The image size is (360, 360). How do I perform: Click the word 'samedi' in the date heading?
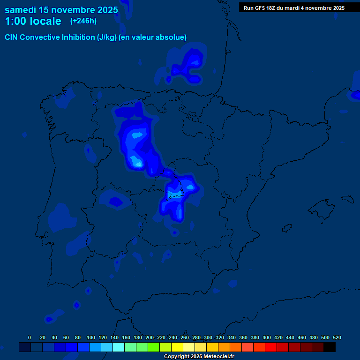point(22,9)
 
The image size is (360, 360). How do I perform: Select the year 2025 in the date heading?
point(106,9)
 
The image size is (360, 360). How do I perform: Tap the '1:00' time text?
point(16,21)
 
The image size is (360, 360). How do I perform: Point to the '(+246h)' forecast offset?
point(83,21)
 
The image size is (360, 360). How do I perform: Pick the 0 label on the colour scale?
point(30,337)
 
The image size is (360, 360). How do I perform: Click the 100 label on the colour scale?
point(91,337)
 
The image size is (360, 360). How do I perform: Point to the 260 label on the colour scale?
point(185,337)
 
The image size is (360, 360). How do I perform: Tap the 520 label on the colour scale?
point(337,337)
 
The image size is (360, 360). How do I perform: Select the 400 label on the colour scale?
point(267,337)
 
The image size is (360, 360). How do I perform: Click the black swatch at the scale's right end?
point(330,347)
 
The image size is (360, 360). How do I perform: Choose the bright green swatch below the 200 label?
point(154,347)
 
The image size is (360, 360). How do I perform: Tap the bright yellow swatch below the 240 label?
point(177,347)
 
